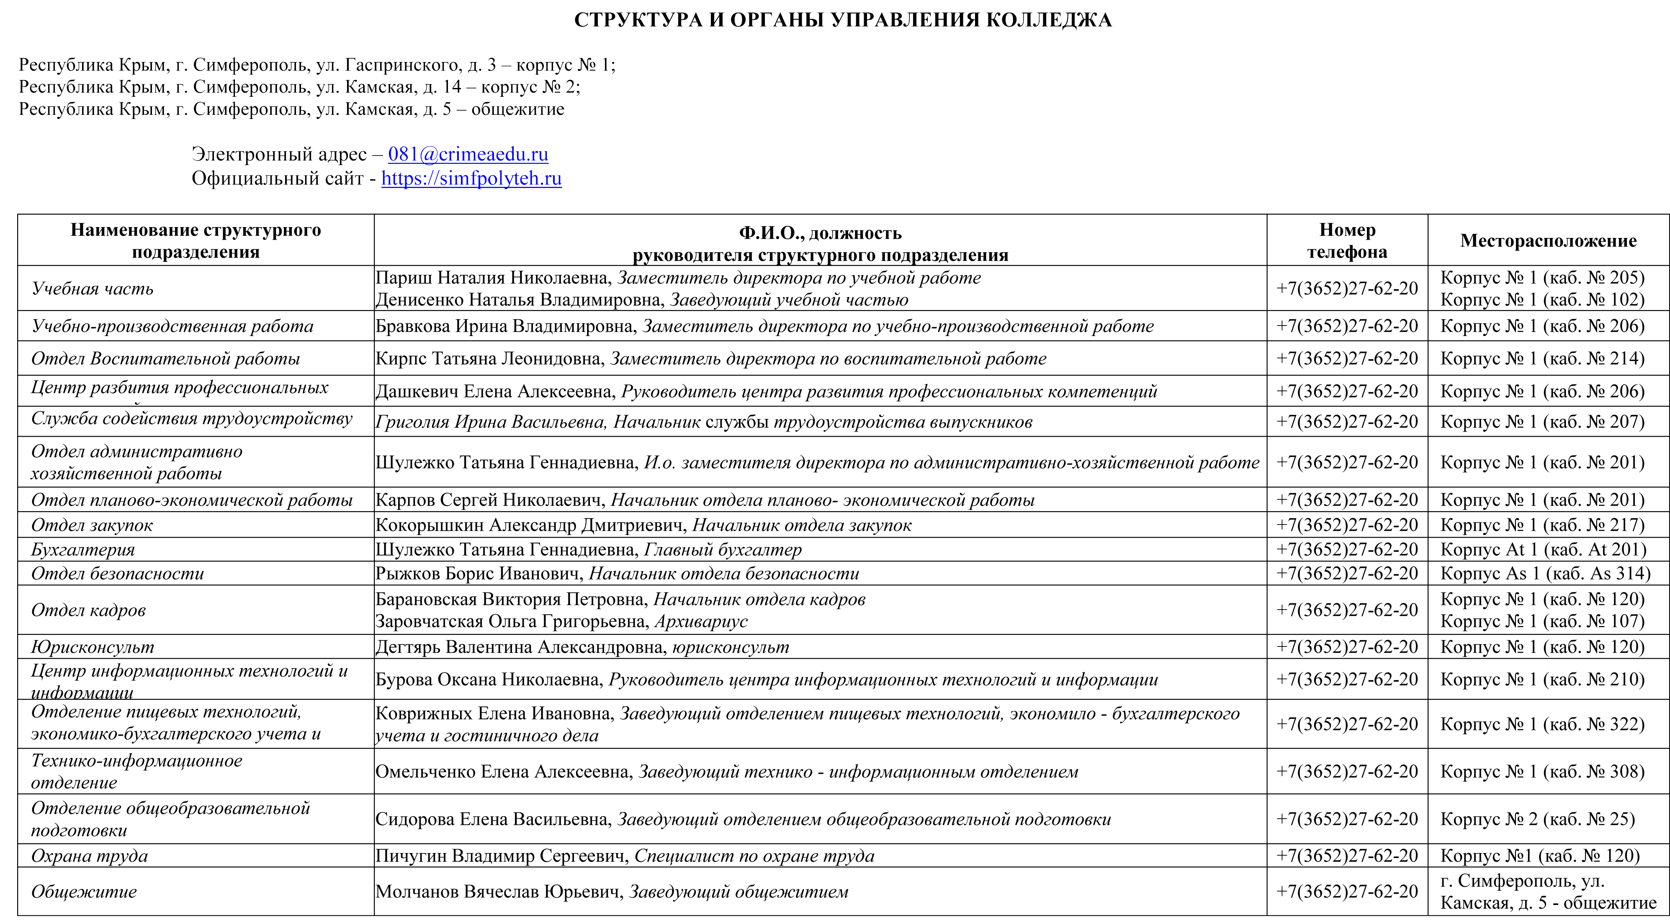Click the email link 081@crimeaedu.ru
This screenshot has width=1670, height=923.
(x=468, y=154)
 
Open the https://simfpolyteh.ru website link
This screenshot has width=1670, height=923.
(x=471, y=178)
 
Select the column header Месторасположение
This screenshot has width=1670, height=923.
(x=1548, y=240)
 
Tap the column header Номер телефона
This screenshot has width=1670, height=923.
(x=1347, y=240)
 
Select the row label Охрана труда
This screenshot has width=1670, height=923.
(x=90, y=856)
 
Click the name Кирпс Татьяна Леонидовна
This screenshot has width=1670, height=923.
(x=489, y=359)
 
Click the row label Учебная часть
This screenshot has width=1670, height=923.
(x=93, y=289)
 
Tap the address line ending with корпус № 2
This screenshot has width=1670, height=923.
(x=299, y=87)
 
